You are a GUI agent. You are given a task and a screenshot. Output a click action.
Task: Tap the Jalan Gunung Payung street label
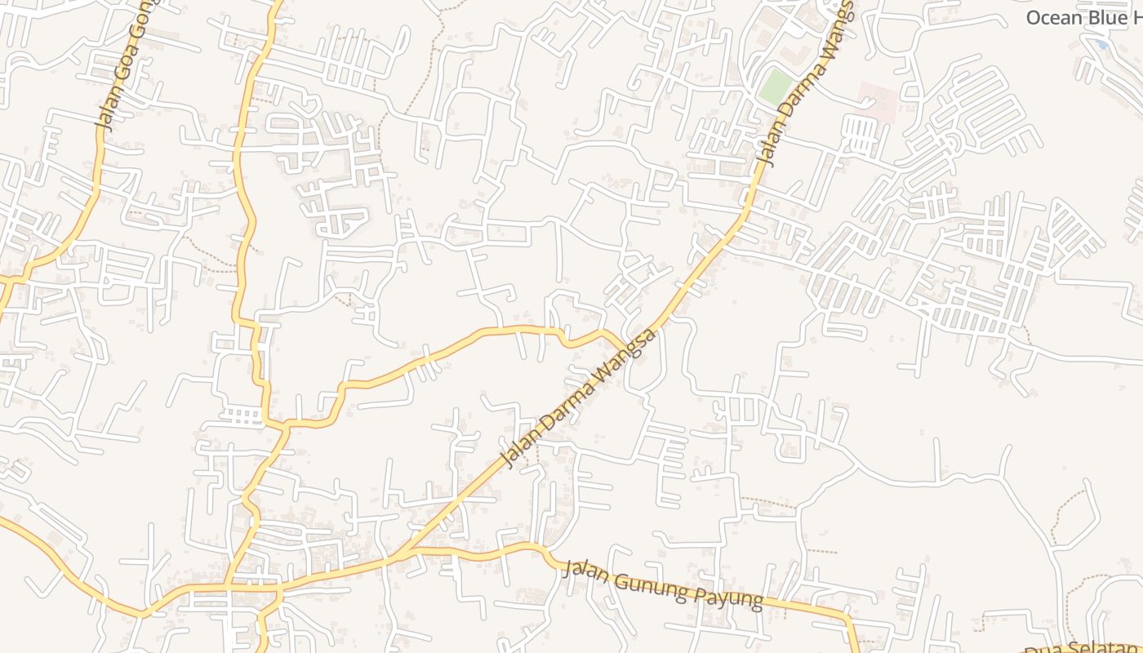coord(663,584)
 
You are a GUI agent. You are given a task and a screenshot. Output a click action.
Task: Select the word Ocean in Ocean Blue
coord(1054,17)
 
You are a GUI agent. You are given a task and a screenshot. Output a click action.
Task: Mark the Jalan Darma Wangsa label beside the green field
coord(804,86)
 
